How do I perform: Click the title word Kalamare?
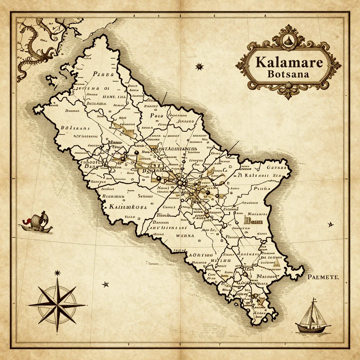(x=289, y=62)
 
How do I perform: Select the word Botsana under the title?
(x=288, y=75)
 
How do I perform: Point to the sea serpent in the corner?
(x=35, y=46)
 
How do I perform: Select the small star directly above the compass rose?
(x=57, y=273)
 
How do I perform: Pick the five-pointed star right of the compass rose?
(x=105, y=284)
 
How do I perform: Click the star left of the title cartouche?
(x=200, y=66)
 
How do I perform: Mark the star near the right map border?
(x=330, y=224)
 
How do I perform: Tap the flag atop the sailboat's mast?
(x=314, y=300)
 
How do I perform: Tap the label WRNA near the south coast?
(x=185, y=236)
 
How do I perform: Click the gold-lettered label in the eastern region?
(x=251, y=221)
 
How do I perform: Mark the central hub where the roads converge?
(x=181, y=182)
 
